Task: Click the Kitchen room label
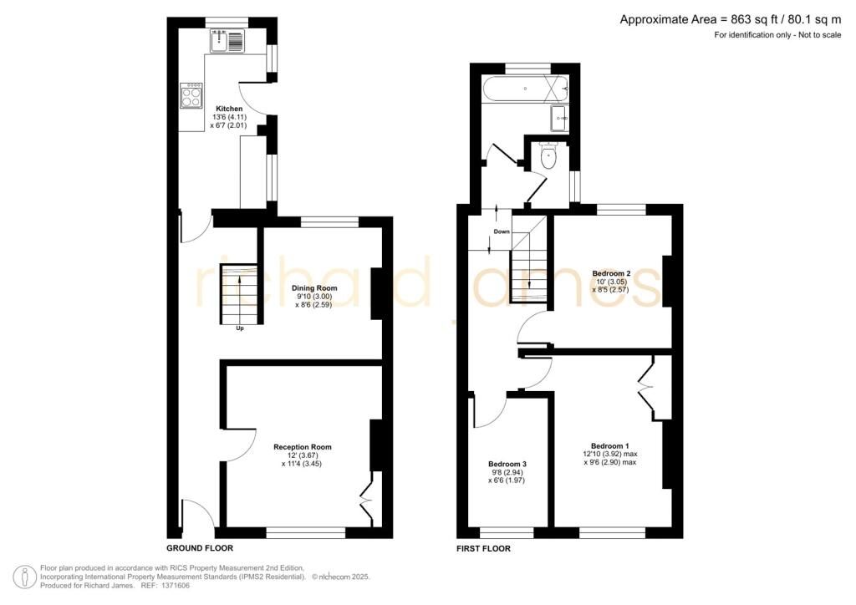click(230, 109)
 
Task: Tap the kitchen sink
click(227, 39)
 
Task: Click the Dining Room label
click(313, 288)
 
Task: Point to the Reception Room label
click(304, 447)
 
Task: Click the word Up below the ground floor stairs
click(240, 328)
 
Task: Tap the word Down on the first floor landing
click(502, 231)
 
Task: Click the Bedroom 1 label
click(610, 445)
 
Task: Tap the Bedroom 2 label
click(612, 273)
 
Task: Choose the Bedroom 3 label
click(508, 464)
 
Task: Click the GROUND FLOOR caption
click(200, 548)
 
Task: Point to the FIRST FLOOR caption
click(483, 548)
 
